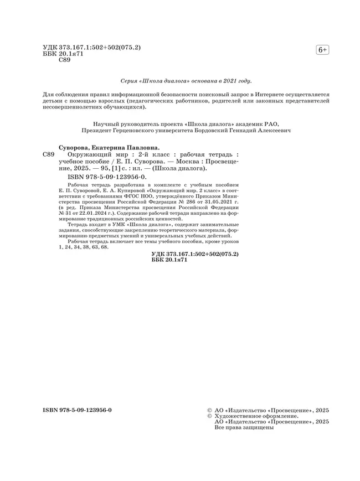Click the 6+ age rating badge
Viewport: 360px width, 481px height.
(322, 50)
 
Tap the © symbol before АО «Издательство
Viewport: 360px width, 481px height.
(209, 410)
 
